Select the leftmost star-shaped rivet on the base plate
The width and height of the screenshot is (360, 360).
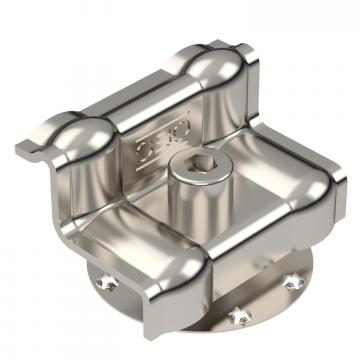click(x=107, y=283)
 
